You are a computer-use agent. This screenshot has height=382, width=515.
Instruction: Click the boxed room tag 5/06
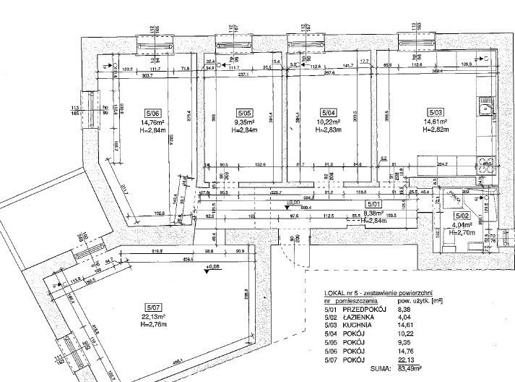(153, 113)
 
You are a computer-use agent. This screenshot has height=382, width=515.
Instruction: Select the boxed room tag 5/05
(243, 113)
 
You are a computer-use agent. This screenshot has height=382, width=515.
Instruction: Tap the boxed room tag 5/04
(328, 113)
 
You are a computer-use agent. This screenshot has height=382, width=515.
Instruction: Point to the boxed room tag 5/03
(436, 113)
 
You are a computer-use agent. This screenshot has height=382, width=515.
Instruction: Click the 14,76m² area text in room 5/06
(153, 122)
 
